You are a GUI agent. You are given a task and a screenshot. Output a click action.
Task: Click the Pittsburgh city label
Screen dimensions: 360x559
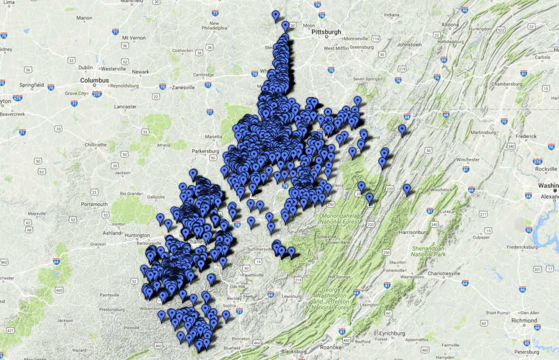click(326, 32)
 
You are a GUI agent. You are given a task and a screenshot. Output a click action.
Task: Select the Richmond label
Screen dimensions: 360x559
click(524, 321)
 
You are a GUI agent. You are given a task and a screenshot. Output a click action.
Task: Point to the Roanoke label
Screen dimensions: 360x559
click(328, 347)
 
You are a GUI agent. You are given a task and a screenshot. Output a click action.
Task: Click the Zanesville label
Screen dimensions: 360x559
click(182, 87)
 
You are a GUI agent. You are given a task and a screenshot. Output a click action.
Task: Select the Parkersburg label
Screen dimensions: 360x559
click(205, 151)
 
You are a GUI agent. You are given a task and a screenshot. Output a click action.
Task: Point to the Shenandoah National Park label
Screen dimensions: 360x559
click(428, 251)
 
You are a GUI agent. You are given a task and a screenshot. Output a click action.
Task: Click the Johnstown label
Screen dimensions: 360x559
click(409, 45)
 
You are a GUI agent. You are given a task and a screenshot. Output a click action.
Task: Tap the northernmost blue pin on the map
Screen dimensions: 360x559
click(275, 16)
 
